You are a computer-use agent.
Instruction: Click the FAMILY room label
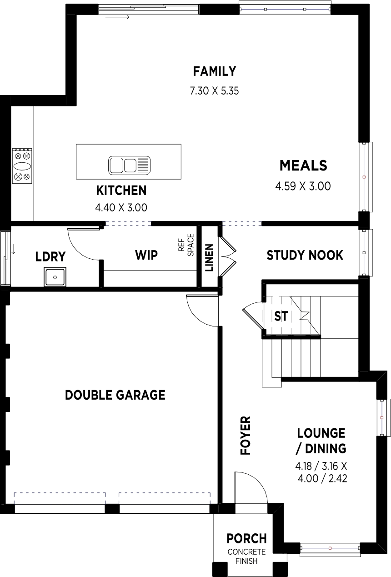coord(215,71)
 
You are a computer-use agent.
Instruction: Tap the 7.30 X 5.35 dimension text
coord(214,91)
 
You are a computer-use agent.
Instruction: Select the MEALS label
coord(303,166)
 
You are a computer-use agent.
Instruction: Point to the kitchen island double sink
coord(129,165)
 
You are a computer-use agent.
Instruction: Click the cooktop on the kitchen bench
coord(22,166)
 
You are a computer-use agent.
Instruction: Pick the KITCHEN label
coord(121,191)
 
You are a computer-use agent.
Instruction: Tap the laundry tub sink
coord(55,277)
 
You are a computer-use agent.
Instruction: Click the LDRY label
coord(50,256)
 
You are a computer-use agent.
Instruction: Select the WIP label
coord(146,255)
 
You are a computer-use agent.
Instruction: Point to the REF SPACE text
coord(186,245)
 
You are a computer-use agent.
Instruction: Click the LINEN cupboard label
coord(210,258)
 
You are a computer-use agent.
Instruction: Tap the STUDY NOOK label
coord(305,255)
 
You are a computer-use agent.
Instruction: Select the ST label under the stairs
coord(281,316)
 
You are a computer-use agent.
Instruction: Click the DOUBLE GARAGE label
coord(115,395)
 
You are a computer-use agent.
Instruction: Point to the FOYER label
coord(246,436)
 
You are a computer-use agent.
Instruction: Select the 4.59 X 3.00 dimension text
coord(303,186)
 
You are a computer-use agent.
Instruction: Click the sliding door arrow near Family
coord(117,17)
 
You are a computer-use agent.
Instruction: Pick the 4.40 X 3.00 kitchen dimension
coord(121,208)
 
